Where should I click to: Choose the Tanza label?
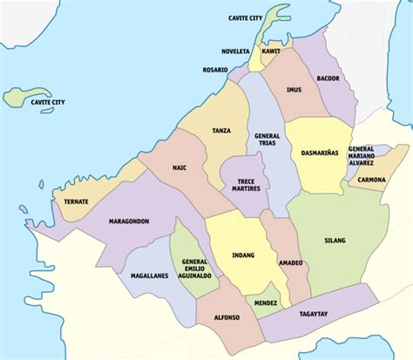[221, 131]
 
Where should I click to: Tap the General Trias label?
[267, 141]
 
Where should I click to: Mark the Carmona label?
[372, 180]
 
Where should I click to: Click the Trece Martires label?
[241, 184]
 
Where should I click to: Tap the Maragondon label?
[129, 221]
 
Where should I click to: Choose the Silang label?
[335, 240]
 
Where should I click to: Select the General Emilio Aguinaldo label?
[195, 269]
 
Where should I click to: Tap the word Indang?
[243, 255]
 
